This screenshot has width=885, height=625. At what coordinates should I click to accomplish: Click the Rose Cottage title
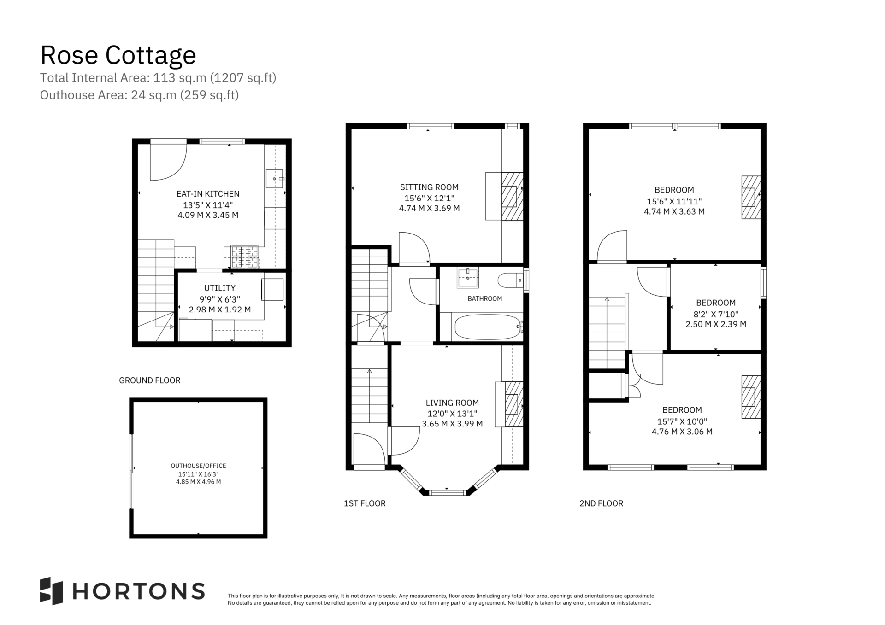coord(118,55)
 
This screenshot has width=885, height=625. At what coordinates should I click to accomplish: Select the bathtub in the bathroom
coord(487,327)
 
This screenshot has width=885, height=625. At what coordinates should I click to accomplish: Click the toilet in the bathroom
coord(511,280)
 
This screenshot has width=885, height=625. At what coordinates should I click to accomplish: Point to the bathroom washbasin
coord(467,277)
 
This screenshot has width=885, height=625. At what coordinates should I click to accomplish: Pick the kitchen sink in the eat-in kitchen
coord(275,179)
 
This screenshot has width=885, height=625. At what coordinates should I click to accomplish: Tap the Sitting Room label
coord(429,187)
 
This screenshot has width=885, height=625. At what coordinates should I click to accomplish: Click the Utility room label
coord(220,288)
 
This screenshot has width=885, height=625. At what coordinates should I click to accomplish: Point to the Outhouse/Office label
coord(198,466)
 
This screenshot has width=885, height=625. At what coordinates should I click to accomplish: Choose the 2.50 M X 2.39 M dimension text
coord(716,324)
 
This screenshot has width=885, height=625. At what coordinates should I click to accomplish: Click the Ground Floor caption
coord(150,380)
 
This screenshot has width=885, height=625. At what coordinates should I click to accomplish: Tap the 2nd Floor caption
coord(601,503)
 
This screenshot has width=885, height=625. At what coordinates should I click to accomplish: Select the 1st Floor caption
coord(365,503)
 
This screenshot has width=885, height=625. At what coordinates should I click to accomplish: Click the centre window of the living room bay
coord(447,492)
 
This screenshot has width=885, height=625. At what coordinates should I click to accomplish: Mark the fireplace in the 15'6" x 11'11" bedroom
coord(751,197)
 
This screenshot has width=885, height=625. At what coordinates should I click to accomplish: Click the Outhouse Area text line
coord(139,95)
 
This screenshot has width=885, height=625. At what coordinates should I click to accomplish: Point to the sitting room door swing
coord(414,247)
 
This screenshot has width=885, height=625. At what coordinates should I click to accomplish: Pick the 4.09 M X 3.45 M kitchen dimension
coord(208,215)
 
